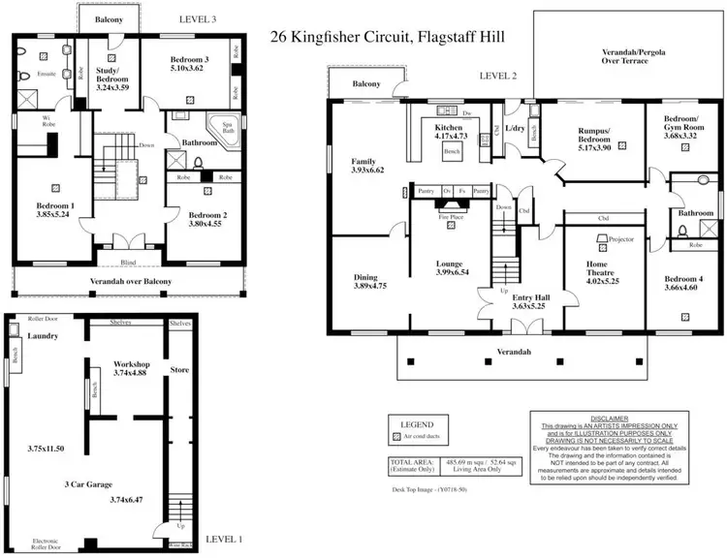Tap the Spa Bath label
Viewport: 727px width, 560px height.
click(x=229, y=130)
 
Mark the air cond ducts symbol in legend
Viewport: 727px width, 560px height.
click(x=395, y=438)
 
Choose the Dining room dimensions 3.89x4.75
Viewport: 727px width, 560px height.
click(x=370, y=287)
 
